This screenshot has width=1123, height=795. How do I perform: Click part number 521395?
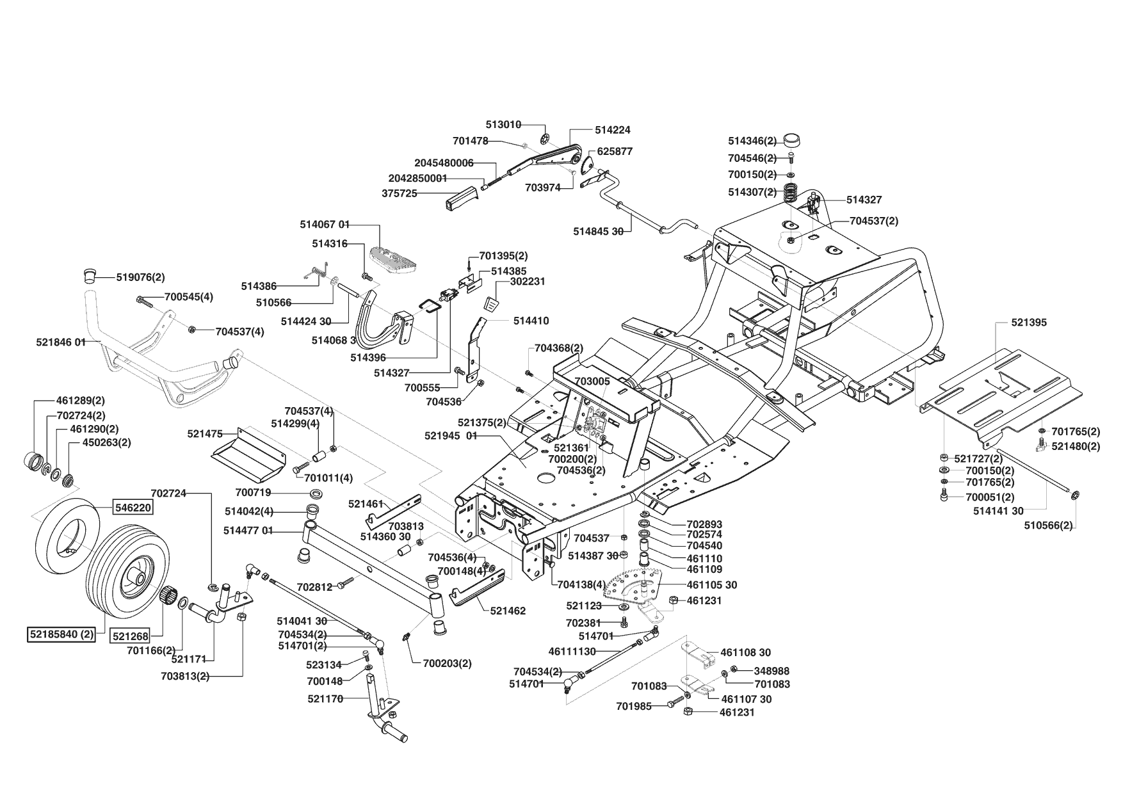tap(1029, 322)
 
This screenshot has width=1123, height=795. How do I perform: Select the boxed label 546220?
tap(133, 508)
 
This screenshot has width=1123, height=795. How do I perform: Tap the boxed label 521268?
tap(130, 636)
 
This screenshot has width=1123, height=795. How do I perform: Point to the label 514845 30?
tap(598, 232)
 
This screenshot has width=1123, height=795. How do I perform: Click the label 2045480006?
tap(444, 163)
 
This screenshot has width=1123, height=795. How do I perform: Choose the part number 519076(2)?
tap(140, 277)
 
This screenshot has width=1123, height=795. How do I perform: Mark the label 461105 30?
tap(712, 584)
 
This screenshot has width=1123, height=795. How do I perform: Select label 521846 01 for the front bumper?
tap(61, 342)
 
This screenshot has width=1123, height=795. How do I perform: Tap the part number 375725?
tap(400, 193)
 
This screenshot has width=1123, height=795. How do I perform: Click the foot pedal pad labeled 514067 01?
tap(400, 258)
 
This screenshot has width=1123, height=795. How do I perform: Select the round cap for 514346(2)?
tap(792, 140)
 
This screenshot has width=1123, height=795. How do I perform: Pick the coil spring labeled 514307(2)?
tap(791, 191)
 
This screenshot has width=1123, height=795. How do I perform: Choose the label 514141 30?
tap(998, 510)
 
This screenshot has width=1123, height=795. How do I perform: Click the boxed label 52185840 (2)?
tap(61, 635)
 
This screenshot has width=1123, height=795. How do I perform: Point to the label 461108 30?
tap(745, 652)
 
